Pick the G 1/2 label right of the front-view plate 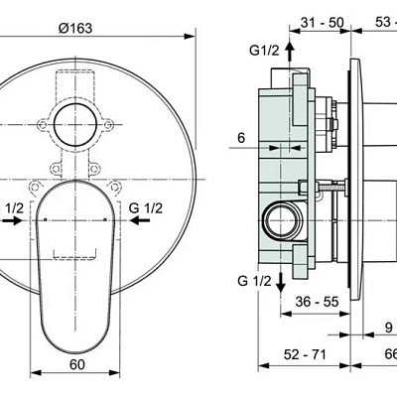(147, 207)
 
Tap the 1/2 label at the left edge (14, 207)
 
